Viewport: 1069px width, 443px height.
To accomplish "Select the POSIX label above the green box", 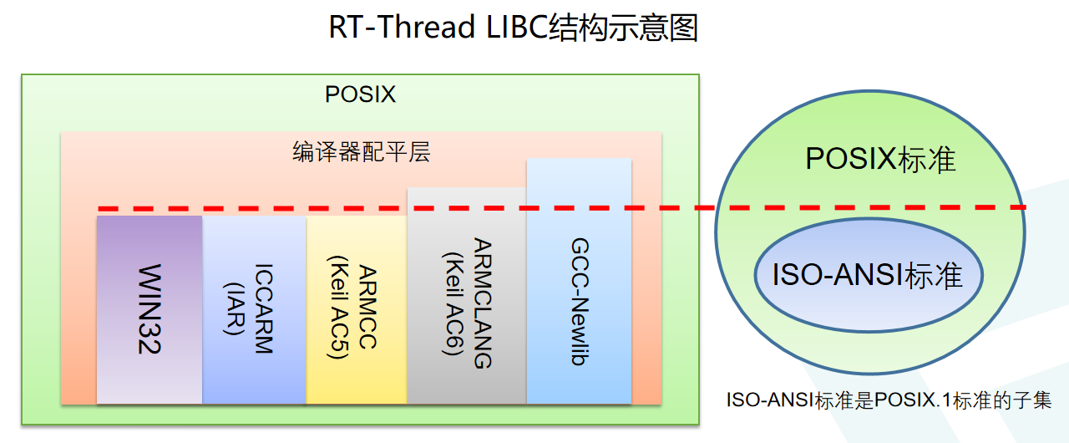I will point(360,94).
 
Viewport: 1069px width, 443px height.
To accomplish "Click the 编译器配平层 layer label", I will point(361,152).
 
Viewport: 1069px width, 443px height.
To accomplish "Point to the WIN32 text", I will point(149,309).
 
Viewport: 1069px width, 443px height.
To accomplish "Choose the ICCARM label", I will point(263,309).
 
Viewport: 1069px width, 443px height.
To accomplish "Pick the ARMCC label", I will point(367,309).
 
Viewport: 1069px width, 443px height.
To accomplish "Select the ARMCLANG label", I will point(482,303).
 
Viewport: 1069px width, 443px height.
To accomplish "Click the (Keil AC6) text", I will point(452,303).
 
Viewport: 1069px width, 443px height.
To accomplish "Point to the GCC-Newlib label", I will point(579,303).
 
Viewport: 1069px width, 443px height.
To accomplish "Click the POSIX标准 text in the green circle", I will point(869,159).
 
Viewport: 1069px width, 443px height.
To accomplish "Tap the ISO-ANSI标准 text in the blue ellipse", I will point(868,275).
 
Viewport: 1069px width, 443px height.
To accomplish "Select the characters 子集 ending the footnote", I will point(1035,400).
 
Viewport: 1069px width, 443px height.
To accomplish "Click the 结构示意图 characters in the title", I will point(621,28).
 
